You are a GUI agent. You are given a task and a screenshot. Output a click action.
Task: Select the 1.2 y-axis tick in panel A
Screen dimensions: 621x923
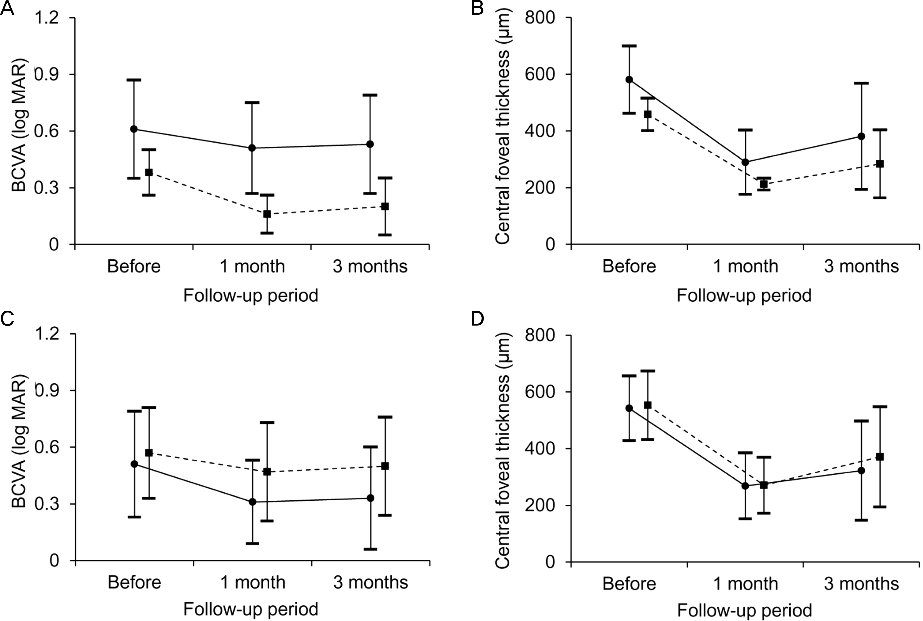(x=47, y=18)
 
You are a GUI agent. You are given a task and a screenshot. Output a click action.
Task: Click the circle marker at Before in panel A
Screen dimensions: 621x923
(x=134, y=129)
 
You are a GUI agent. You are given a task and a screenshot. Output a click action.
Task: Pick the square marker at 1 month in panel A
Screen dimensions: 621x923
(x=267, y=214)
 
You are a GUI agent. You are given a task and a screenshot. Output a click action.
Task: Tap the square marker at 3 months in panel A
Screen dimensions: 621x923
(x=385, y=206)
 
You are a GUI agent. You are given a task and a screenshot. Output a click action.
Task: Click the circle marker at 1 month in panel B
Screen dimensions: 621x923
(x=745, y=162)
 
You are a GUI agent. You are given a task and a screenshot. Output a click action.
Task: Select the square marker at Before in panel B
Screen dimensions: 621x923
(x=648, y=114)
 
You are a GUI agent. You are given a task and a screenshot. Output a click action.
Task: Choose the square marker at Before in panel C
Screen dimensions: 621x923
(x=149, y=453)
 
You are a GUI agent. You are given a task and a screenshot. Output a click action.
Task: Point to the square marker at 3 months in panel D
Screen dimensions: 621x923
(x=880, y=457)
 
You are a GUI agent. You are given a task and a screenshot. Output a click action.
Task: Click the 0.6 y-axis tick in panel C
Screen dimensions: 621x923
(x=47, y=447)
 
